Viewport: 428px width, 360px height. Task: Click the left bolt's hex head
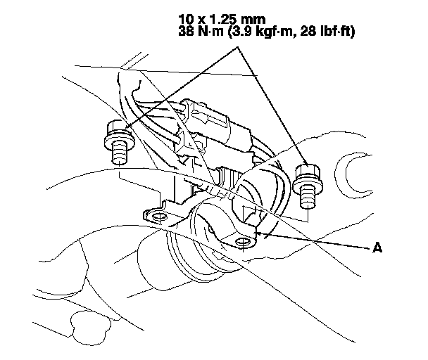coord(115,131)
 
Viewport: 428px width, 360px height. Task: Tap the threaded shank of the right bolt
coord(306,195)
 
